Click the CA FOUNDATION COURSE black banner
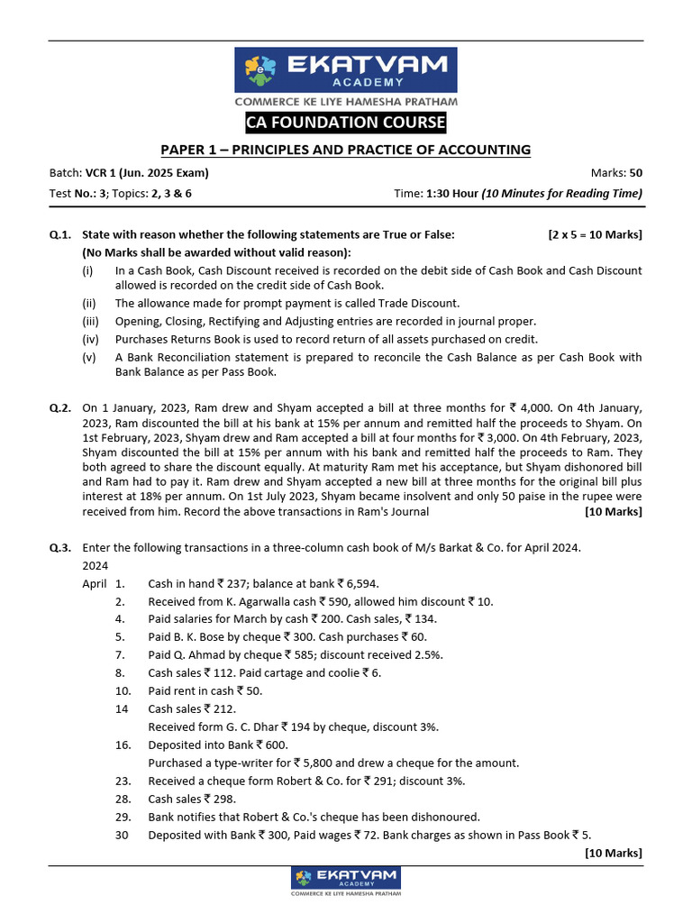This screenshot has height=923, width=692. (x=346, y=123)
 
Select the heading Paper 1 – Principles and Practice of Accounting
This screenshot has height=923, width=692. (x=346, y=150)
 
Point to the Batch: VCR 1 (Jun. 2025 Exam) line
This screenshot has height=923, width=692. (x=129, y=173)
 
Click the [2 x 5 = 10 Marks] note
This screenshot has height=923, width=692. (x=595, y=234)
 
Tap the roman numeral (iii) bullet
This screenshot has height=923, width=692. (x=90, y=321)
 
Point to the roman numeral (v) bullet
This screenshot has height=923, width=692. (x=89, y=357)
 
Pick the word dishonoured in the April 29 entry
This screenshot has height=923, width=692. (x=444, y=817)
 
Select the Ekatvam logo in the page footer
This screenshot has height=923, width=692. (x=346, y=881)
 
